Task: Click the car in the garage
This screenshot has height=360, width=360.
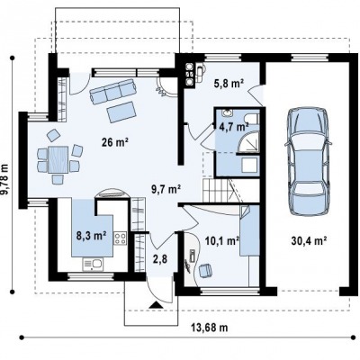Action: [x=307, y=161]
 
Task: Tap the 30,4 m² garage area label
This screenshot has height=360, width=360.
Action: [x=309, y=240]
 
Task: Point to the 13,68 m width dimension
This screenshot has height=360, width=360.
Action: [x=209, y=328]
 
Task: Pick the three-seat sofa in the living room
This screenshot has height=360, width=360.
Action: [x=112, y=92]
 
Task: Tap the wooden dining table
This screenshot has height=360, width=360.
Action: [x=58, y=159]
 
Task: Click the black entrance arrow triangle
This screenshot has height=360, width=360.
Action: [x=156, y=305]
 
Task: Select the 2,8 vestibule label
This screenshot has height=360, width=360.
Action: [x=160, y=258]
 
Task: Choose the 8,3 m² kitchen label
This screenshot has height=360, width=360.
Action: [x=92, y=236]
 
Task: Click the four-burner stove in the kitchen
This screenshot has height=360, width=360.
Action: [x=120, y=238]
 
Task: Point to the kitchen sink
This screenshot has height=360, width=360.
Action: [x=93, y=265]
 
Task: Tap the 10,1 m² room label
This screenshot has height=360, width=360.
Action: [x=222, y=240]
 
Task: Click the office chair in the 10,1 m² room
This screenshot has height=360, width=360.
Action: [x=206, y=270]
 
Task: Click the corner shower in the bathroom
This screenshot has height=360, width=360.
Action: [x=247, y=143]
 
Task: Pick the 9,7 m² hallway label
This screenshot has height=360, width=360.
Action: [x=166, y=189]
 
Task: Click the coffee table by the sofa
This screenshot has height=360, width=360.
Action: [x=121, y=112]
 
